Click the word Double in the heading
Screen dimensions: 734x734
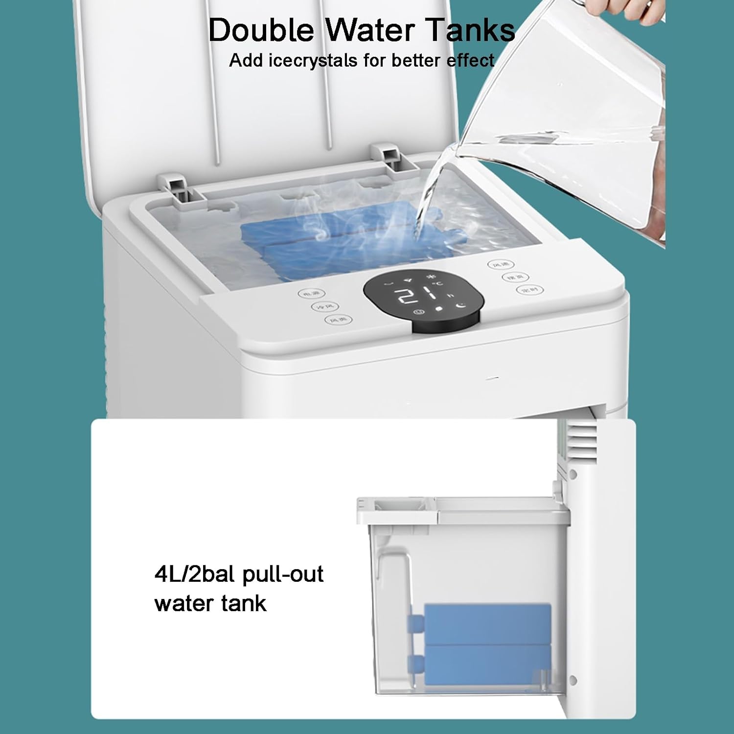click(260, 30)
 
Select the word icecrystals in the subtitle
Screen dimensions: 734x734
click(313, 61)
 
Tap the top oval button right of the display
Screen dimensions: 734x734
click(501, 265)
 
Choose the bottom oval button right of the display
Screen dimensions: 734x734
click(530, 290)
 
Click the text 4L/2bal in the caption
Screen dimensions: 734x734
click(195, 574)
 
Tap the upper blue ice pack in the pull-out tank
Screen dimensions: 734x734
click(487, 622)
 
